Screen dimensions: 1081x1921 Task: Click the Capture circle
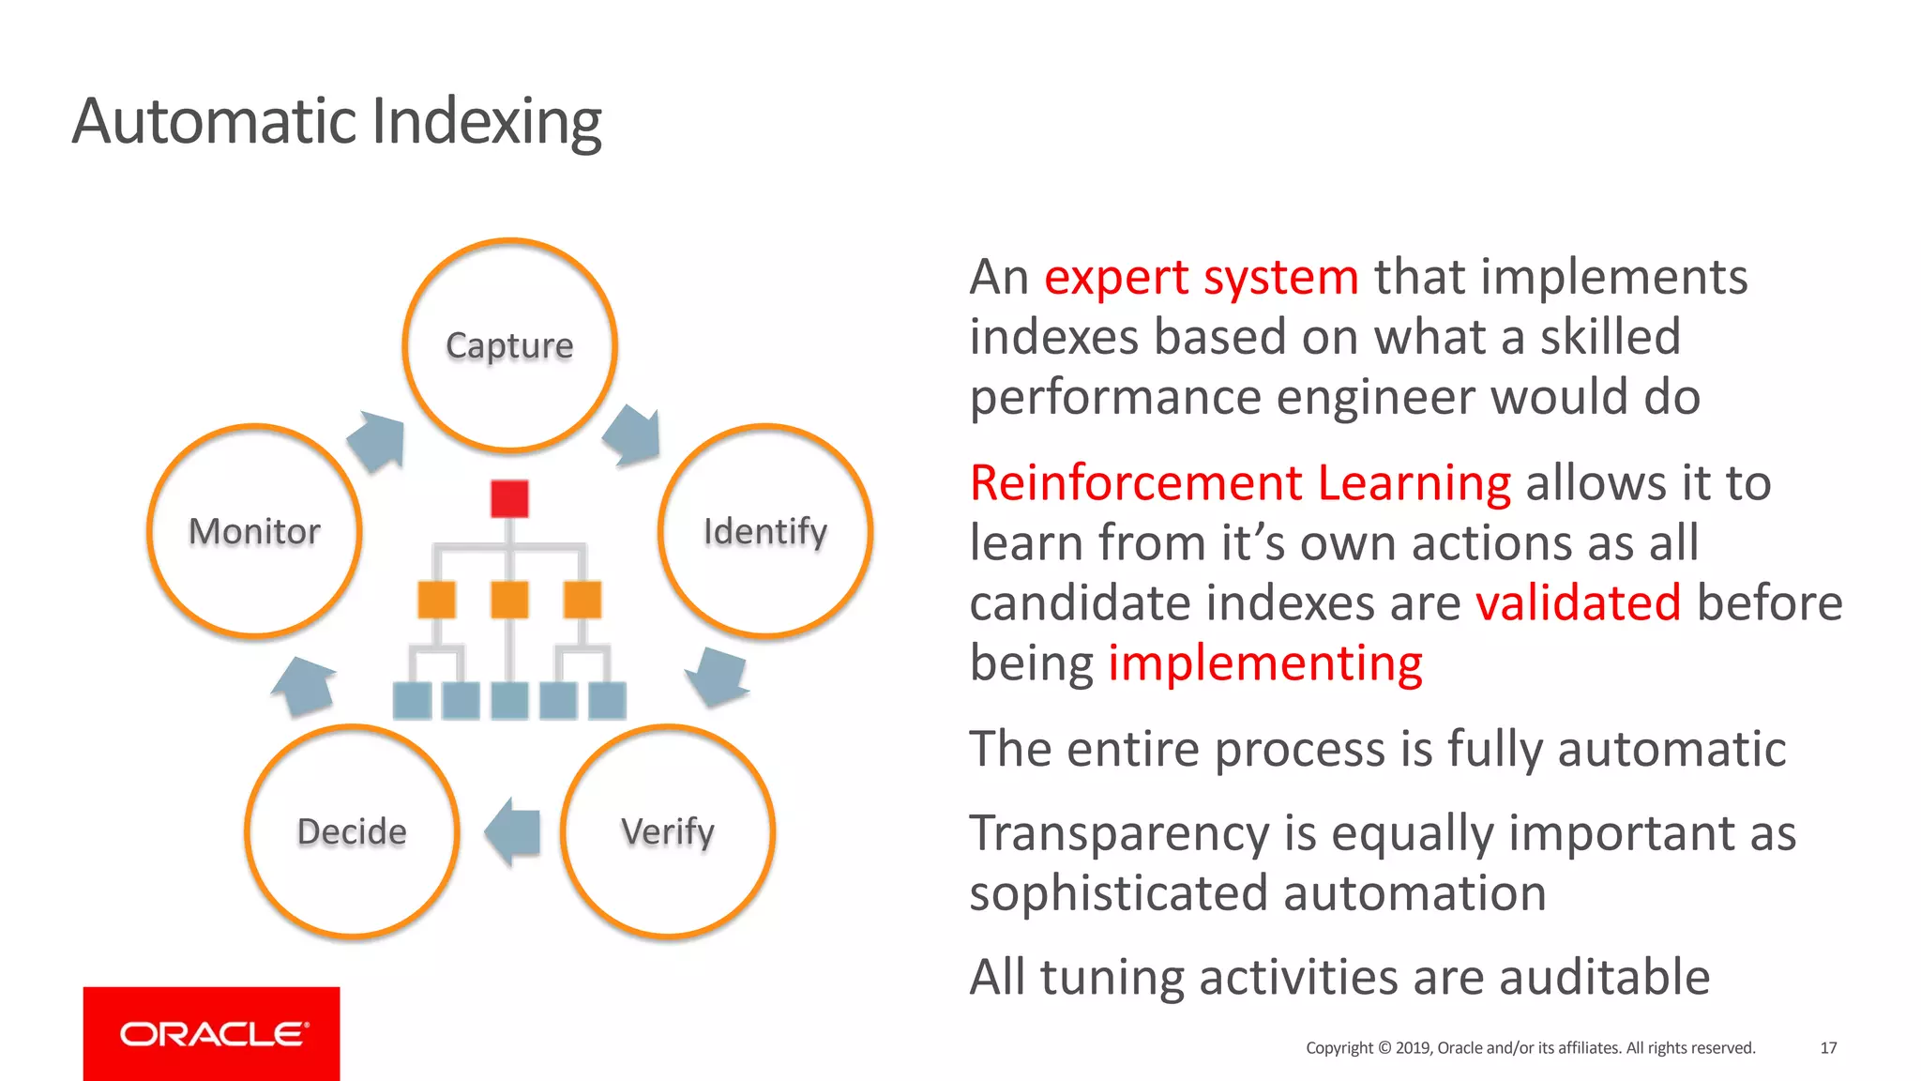[509, 345]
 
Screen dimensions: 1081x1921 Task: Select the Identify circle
[765, 531]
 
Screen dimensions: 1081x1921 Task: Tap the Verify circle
[668, 831]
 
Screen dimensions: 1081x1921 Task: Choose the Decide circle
[352, 831]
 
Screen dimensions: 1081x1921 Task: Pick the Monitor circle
[254, 531]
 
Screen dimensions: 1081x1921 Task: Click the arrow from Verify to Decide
[514, 831]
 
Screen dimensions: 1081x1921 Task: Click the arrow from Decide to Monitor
[305, 686]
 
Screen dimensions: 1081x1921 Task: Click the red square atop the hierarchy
[509, 498]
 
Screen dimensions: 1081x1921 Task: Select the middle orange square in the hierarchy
[509, 600]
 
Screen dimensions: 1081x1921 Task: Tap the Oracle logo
[212, 1033]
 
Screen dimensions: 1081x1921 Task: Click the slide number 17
[1828, 1047]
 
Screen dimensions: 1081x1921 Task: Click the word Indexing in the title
[487, 122]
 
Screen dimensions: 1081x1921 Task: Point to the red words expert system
[1202, 278]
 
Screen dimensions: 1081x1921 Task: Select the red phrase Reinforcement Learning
[1240, 483]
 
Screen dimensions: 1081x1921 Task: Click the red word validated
[1579, 602]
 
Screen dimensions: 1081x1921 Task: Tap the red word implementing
[1265, 663]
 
